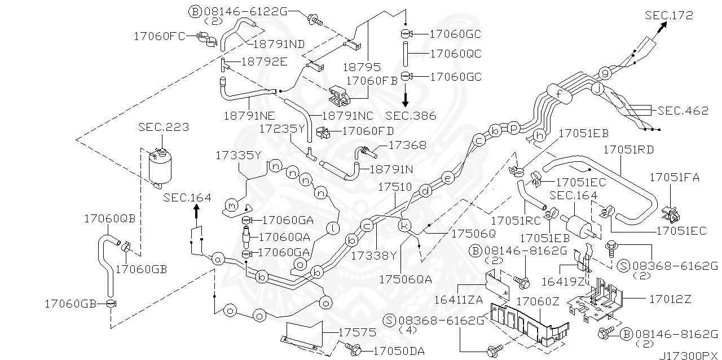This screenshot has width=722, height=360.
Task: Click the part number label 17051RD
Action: (x=628, y=150)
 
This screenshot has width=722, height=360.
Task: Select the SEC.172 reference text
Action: (x=669, y=15)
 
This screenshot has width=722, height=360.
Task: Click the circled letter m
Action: (x=231, y=205)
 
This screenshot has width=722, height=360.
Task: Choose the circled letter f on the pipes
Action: (x=558, y=94)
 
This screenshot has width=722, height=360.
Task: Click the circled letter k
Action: (x=404, y=226)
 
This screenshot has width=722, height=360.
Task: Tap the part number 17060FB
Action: (x=372, y=81)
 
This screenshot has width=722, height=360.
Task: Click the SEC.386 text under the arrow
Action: (x=411, y=116)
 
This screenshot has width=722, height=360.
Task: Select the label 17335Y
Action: (x=239, y=155)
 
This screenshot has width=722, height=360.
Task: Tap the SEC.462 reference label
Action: (x=683, y=111)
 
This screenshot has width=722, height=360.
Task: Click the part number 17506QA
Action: (x=406, y=279)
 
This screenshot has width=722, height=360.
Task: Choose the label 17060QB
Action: (x=111, y=218)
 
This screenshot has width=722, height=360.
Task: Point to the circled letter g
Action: (x=605, y=73)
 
